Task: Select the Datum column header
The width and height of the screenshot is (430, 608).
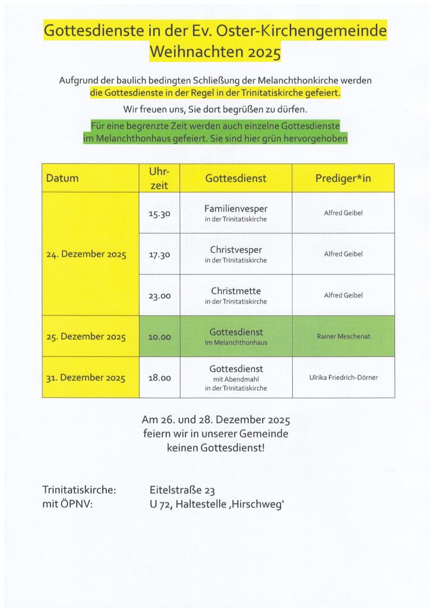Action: (62, 178)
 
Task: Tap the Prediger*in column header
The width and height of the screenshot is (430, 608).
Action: (343, 178)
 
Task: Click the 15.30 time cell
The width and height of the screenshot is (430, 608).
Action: (159, 213)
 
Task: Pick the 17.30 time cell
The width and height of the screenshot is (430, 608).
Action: (159, 254)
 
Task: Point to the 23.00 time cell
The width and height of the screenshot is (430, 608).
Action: (159, 295)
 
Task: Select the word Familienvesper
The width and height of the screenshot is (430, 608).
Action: (236, 208)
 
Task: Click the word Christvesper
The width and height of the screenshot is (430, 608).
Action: (236, 249)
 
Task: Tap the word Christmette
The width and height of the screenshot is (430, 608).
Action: (236, 290)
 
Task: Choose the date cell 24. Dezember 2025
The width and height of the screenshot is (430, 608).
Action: (87, 255)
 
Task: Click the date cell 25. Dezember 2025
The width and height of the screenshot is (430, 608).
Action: (86, 337)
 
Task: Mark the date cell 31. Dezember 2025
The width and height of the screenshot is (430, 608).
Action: (86, 378)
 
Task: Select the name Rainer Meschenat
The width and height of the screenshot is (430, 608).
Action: (343, 337)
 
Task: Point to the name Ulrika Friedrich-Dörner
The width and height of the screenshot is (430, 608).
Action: (343, 378)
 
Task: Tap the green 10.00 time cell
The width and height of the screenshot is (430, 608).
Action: (159, 337)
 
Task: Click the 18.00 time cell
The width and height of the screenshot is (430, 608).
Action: (159, 378)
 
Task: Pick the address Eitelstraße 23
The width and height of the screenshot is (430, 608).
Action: (182, 490)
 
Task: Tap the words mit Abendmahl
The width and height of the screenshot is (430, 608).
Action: (236, 379)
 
